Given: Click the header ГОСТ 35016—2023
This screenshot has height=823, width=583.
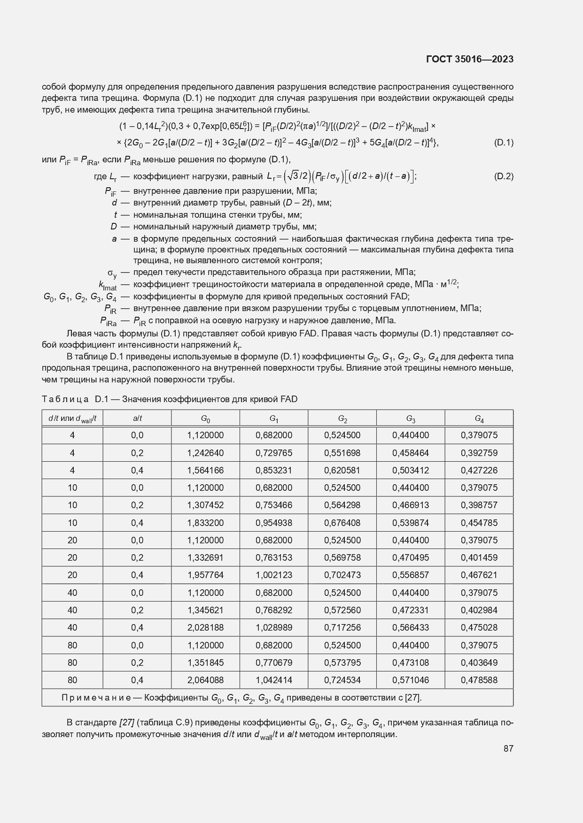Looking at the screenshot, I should tap(469, 59).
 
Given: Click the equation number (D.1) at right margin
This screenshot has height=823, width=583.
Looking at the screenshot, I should tap(504, 143).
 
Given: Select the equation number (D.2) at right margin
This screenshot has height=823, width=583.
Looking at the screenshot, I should tap(504, 176).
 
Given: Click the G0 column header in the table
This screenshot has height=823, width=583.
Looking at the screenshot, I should tap(205, 418).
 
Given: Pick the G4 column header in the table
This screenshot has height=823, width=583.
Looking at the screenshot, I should tap(479, 418).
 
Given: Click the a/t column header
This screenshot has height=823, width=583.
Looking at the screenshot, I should tap(137, 418).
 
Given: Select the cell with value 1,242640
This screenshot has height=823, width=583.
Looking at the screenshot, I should tap(205, 453).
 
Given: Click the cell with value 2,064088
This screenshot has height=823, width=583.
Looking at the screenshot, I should tap(205, 680).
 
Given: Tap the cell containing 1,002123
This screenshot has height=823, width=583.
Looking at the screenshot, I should tap(274, 575).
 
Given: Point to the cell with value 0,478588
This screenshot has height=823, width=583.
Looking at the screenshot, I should tap(479, 680).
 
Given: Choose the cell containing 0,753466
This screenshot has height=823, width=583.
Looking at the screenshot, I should tap(274, 505).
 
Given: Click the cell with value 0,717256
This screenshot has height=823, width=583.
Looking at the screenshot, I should tap(342, 627).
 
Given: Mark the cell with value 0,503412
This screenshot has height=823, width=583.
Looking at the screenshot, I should tap(411, 470).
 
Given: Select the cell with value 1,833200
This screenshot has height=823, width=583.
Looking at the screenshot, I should tap(205, 523).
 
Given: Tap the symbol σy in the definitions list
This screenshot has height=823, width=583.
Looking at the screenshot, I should tap(112, 273).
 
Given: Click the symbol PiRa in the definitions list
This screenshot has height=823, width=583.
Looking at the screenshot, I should tap(108, 321).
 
